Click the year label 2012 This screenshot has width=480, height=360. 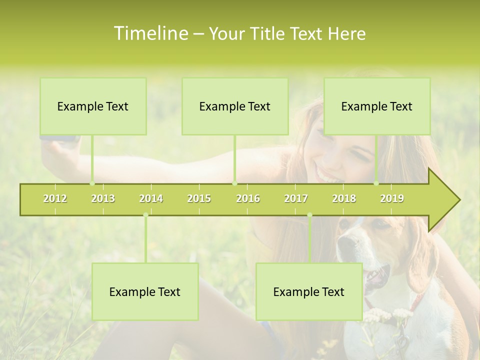pyautogui.click(x=55, y=199)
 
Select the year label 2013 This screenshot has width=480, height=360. pyautogui.click(x=103, y=199)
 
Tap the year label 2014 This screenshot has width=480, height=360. pyautogui.click(x=151, y=199)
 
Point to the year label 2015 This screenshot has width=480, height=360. pyautogui.click(x=199, y=199)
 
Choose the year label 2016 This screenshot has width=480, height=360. pyautogui.click(x=248, y=199)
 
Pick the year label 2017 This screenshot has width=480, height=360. pyautogui.click(x=296, y=199)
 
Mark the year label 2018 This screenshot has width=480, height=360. pyautogui.click(x=344, y=199)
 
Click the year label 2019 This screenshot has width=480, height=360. pyautogui.click(x=392, y=199)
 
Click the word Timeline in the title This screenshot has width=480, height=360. pyautogui.click(x=150, y=33)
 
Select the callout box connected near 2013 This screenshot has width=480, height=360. pyautogui.click(x=93, y=106)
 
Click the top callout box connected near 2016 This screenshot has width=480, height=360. pyautogui.click(x=235, y=106)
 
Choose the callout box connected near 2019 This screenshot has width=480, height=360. pyautogui.click(x=377, y=106)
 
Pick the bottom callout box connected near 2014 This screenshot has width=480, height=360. pyautogui.click(x=145, y=291)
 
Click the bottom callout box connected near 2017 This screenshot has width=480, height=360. pyautogui.click(x=309, y=291)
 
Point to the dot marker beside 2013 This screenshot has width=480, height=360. pyautogui.click(x=92, y=183)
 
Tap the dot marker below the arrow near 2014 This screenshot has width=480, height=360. pyautogui.click(x=145, y=215)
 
